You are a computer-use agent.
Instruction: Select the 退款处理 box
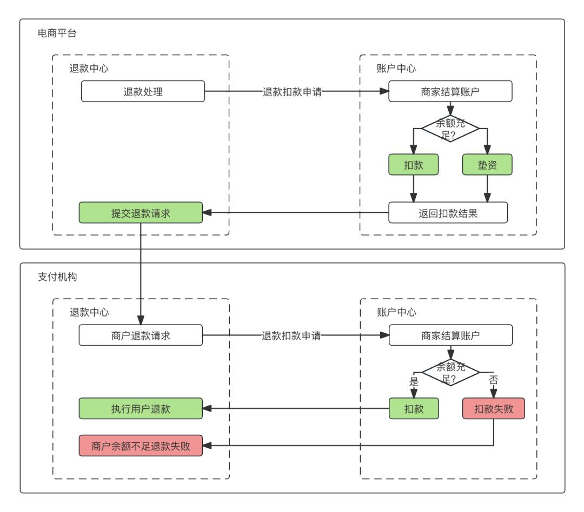click(143, 91)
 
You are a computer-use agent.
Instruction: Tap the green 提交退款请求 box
click(141, 212)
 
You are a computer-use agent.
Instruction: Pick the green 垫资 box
click(487, 165)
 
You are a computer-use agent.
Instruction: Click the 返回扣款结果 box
click(448, 212)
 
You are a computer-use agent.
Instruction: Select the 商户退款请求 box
click(141, 335)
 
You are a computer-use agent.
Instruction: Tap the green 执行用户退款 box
click(141, 408)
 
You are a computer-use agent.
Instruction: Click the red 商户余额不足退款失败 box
click(141, 446)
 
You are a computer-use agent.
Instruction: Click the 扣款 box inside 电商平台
click(413, 165)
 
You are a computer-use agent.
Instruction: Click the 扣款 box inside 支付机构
click(413, 408)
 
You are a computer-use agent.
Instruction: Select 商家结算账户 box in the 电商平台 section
click(450, 91)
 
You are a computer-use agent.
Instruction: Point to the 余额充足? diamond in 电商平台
click(450, 128)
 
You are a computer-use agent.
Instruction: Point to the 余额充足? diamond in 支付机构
click(450, 372)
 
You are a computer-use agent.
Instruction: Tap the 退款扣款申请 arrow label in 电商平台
click(292, 91)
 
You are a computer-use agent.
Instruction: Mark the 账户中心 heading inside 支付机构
click(396, 312)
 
